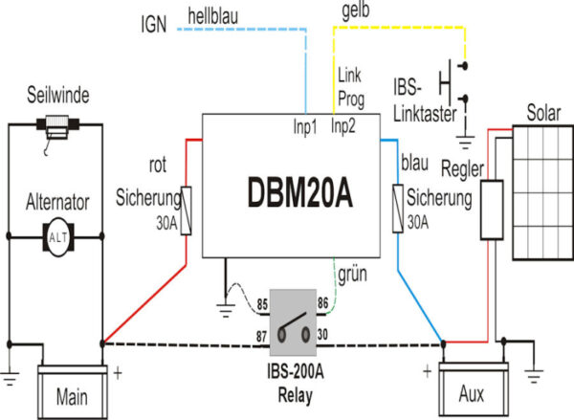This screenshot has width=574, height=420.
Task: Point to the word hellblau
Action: point(219,15)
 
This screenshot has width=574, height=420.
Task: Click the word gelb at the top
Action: point(356,11)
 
